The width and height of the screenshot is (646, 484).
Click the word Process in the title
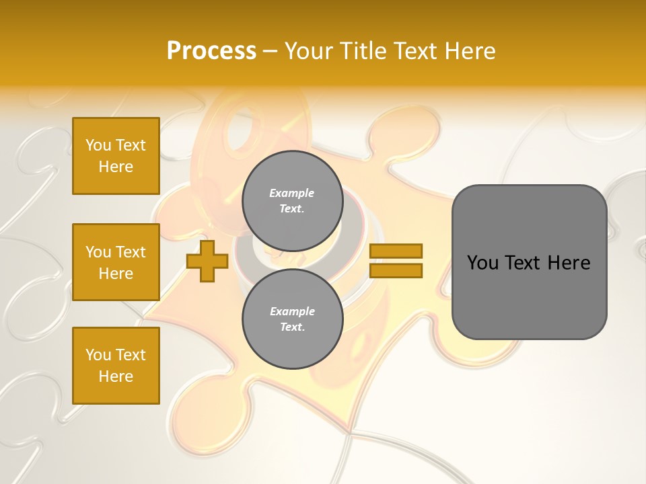[211, 51]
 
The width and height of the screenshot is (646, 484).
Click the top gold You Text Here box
[116, 156]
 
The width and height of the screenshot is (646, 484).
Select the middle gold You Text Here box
[116, 262]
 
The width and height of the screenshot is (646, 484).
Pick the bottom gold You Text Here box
[116, 366]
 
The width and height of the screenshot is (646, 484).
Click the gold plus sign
[207, 261]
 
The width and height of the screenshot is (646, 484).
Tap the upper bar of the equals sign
[396, 251]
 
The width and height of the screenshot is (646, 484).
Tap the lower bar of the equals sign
[396, 270]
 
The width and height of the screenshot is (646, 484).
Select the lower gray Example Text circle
[292, 319]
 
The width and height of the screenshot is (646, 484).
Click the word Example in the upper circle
[292, 193]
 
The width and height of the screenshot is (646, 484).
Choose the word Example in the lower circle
[292, 311]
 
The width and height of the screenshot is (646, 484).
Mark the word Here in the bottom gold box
[116, 376]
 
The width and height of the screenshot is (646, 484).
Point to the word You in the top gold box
[98, 145]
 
